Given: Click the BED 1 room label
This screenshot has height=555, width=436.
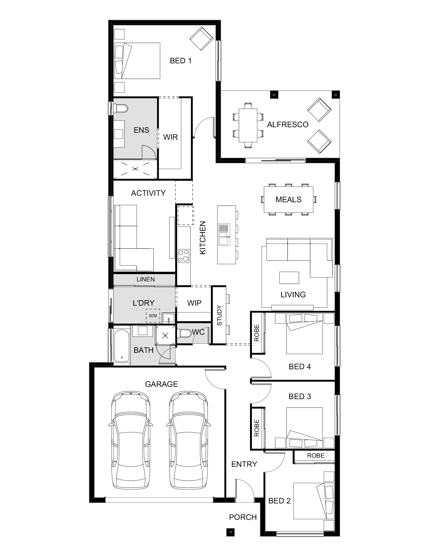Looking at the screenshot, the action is (x=181, y=61).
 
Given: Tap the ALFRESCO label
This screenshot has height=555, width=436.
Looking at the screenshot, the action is (x=288, y=124).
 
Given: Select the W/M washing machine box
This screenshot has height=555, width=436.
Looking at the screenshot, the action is (x=153, y=316).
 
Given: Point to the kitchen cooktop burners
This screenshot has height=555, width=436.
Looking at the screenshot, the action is (x=183, y=256).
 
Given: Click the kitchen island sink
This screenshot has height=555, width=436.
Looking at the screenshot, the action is (x=225, y=234).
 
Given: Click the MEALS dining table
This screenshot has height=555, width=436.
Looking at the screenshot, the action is (x=288, y=199).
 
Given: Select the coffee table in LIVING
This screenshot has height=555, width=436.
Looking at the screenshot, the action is (x=289, y=277).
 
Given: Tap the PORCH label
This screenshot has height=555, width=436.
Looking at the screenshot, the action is (x=243, y=517).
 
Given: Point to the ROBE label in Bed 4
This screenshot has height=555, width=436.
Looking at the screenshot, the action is (x=257, y=333).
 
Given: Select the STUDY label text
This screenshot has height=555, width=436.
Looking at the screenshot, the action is (x=219, y=315).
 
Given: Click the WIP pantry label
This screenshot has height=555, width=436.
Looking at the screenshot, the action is (x=194, y=303).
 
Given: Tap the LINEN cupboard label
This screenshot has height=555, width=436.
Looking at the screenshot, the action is (x=146, y=279).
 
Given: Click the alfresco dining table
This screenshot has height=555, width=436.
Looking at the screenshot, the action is (x=248, y=125).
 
